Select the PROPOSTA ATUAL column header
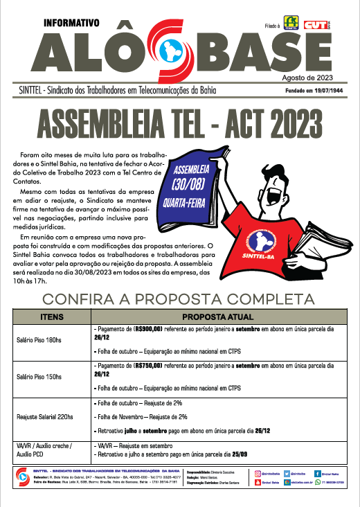(x=219, y=314)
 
